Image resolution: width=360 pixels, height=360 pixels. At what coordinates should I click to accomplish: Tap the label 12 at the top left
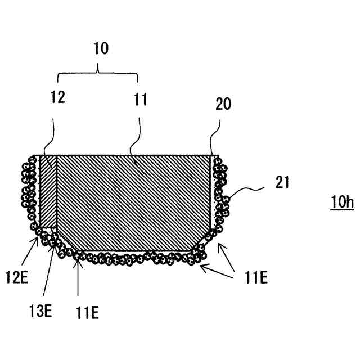coord(57,97)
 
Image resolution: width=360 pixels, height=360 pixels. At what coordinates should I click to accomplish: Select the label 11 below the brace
coord(140,100)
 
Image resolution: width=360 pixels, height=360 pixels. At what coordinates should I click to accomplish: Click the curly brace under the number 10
coord(98,71)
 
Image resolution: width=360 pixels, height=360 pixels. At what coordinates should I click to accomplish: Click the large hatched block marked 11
coord(135,200)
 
